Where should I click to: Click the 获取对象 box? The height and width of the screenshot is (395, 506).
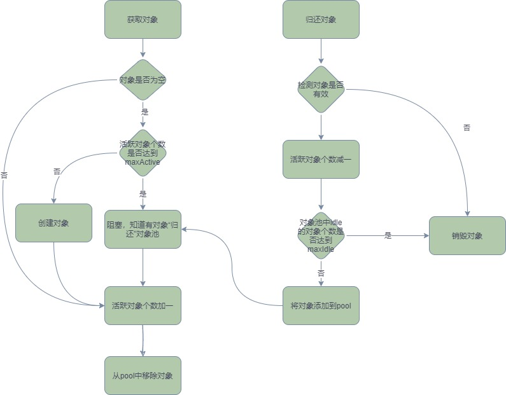(143, 19)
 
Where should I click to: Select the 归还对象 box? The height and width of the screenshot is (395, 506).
(321, 19)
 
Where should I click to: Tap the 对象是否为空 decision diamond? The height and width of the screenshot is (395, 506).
(143, 80)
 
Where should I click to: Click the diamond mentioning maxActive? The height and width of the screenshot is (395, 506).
(143, 153)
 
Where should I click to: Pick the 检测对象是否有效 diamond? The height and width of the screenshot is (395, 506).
(321, 90)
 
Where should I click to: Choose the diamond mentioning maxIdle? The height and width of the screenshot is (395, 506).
(321, 235)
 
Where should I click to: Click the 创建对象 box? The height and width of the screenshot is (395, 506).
(53, 223)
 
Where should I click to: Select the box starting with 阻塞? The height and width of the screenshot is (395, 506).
(143, 229)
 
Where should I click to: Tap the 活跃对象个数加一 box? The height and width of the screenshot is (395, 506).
(143, 305)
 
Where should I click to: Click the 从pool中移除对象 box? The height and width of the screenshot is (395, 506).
(143, 375)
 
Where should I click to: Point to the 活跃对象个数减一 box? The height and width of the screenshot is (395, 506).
(321, 159)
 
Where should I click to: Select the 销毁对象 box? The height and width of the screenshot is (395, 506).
(467, 235)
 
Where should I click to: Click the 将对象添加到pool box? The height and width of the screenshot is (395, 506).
(321, 305)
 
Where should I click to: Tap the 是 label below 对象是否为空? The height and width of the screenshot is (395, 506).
(144, 111)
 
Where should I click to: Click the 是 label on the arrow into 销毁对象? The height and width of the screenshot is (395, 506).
(388, 235)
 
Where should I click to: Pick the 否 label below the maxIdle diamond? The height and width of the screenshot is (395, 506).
(321, 273)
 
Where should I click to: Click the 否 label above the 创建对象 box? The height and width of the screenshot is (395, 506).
(57, 172)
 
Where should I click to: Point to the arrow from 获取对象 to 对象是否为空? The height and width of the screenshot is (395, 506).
(143, 48)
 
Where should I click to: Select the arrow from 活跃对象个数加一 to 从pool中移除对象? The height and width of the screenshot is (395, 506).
(143, 340)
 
